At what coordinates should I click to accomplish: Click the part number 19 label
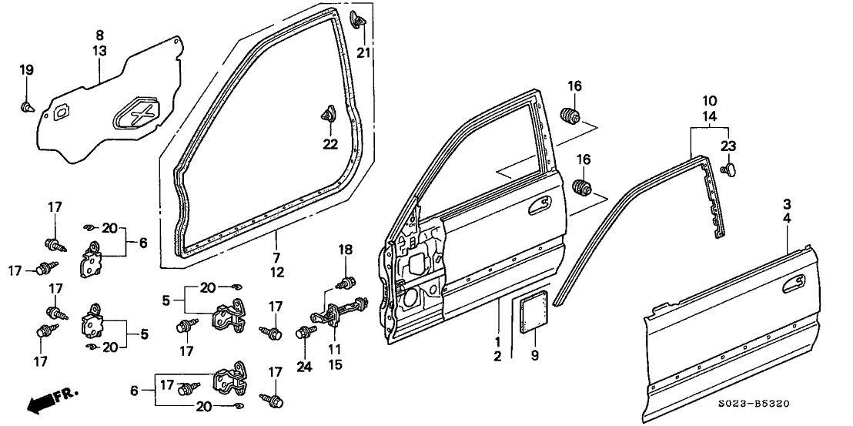(x=27, y=70)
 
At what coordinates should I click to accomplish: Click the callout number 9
(x=534, y=355)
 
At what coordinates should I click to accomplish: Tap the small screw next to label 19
(x=28, y=105)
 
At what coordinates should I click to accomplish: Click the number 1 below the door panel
(x=497, y=340)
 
